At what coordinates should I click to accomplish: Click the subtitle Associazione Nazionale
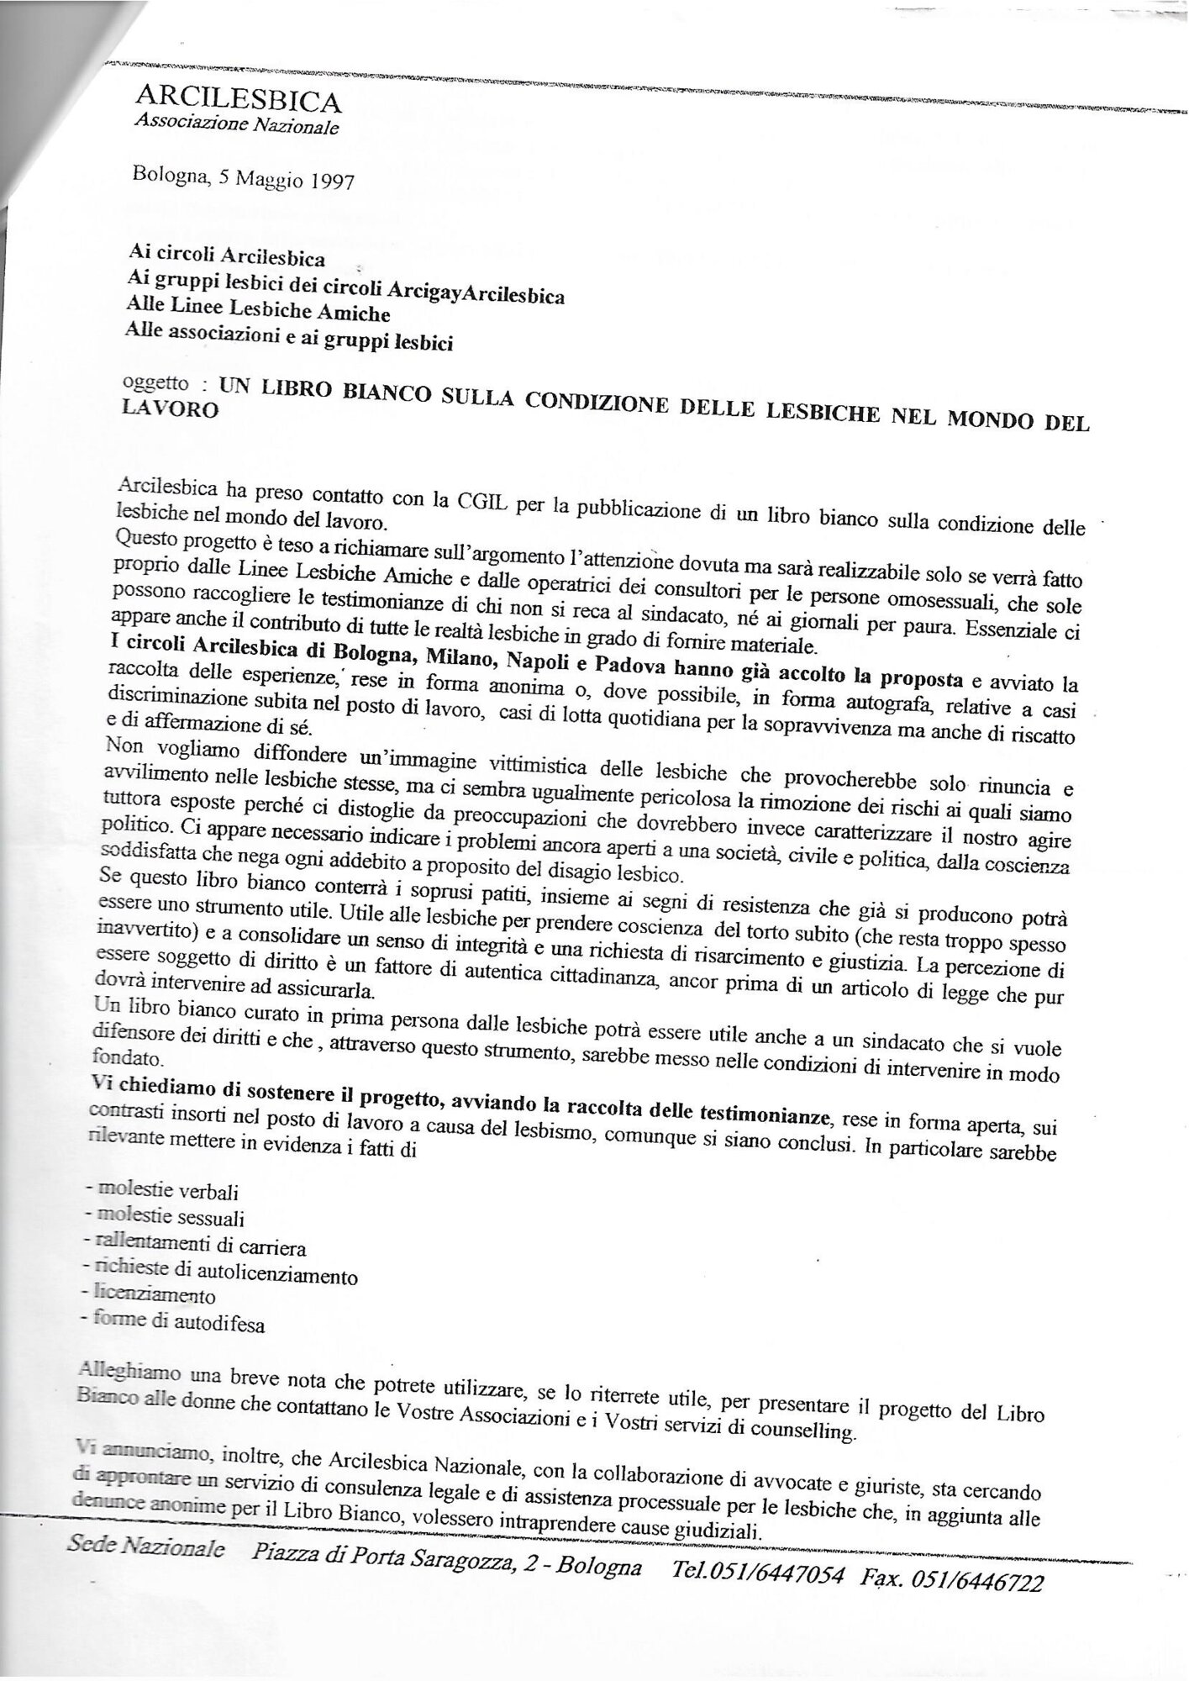pos(238,126)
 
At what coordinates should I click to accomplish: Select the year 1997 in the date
pos(322,181)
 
